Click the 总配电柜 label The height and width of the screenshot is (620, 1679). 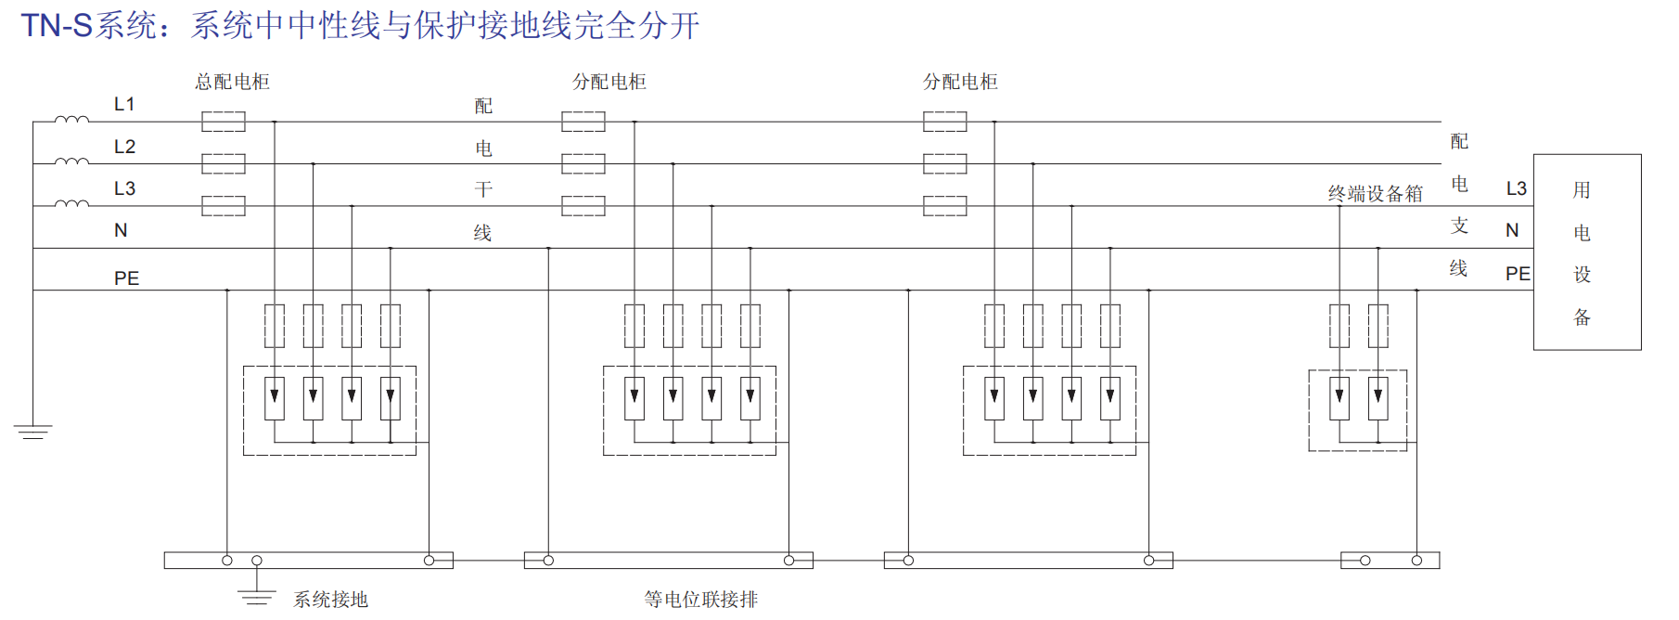pyautogui.click(x=232, y=82)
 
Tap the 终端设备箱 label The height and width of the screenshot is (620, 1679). pyautogui.click(x=1375, y=193)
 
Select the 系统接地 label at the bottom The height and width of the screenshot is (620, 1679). pyautogui.click(x=330, y=600)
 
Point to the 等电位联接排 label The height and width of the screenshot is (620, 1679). pyautogui.click(x=701, y=600)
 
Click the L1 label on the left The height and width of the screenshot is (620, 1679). pyautogui.click(x=124, y=104)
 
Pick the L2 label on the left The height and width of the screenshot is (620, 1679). pyautogui.click(x=124, y=147)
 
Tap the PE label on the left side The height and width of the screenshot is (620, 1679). pyautogui.click(x=126, y=278)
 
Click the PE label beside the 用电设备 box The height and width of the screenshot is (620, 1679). pyautogui.click(x=1518, y=274)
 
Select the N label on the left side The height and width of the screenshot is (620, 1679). pyautogui.click(x=121, y=230)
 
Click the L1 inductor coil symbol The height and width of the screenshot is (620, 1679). pyautogui.click(x=71, y=120)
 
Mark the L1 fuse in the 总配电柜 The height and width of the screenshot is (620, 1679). pyautogui.click(x=224, y=122)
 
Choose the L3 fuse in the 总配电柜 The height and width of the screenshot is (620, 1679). pyautogui.click(x=224, y=206)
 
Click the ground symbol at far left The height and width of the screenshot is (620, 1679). pyautogui.click(x=32, y=432)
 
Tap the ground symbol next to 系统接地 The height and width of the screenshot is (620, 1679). pyautogui.click(x=257, y=597)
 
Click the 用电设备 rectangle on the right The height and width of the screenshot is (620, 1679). pyautogui.click(x=1586, y=252)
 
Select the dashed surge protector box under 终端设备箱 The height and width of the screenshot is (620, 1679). pyautogui.click(x=1357, y=410)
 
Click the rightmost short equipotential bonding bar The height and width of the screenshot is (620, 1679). pyautogui.click(x=1390, y=561)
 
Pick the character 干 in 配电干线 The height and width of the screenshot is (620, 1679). pyautogui.click(x=483, y=190)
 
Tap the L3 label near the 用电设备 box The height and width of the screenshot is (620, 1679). pyautogui.click(x=1516, y=189)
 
